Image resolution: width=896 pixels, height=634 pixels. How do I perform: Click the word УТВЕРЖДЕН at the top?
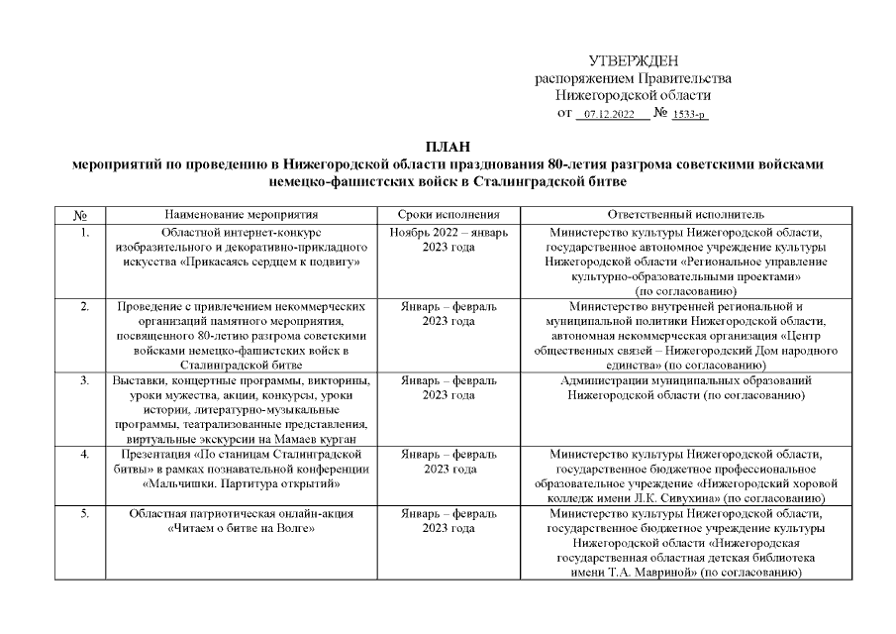(x=634, y=61)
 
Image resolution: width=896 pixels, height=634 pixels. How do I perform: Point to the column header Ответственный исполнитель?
(x=685, y=215)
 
